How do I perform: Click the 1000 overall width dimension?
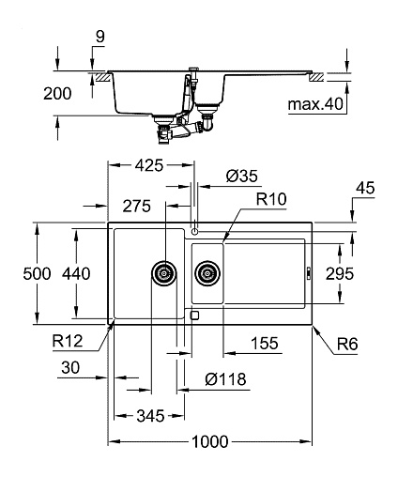click(x=210, y=441)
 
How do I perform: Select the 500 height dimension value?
click(x=37, y=273)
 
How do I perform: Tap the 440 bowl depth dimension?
click(x=76, y=273)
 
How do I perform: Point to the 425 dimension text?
click(x=149, y=165)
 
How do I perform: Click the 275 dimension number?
click(x=137, y=206)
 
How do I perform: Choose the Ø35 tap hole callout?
click(x=242, y=177)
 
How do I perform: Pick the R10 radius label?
click(x=271, y=199)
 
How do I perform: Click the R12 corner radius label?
click(x=68, y=341)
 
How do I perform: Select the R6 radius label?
click(x=347, y=345)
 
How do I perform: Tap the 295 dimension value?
click(x=340, y=273)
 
